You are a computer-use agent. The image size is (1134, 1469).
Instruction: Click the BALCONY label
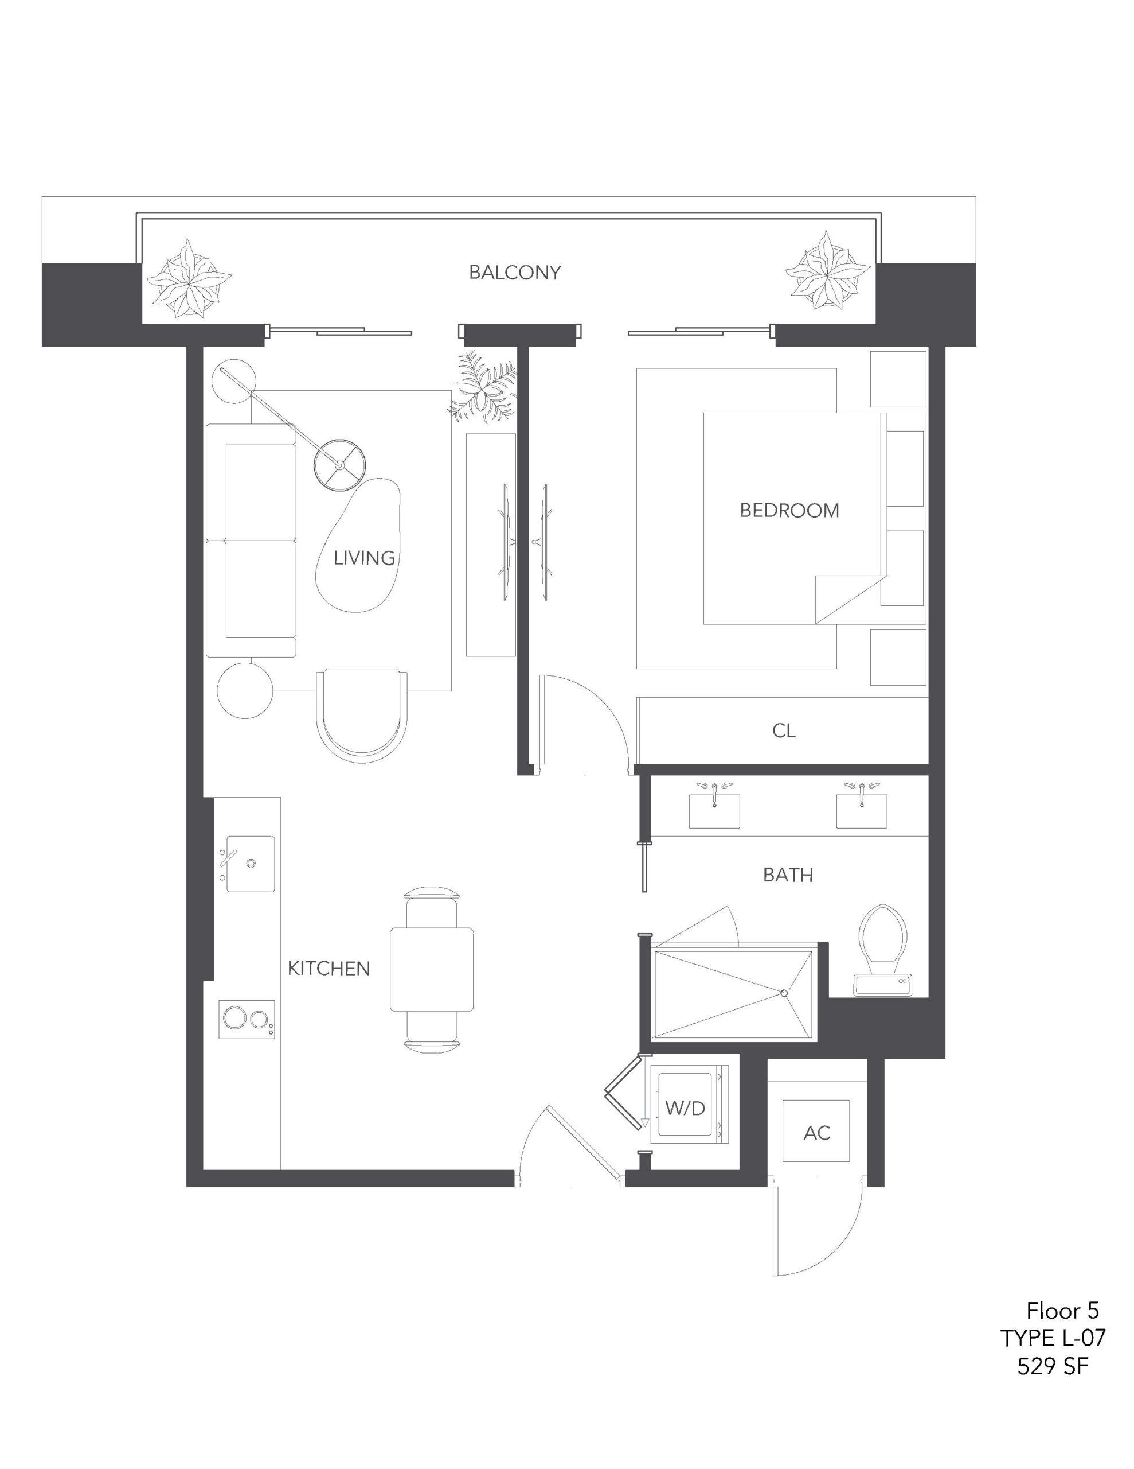click(514, 273)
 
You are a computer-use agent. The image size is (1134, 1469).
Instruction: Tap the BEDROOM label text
click(789, 511)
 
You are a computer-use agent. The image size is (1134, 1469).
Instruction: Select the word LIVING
click(363, 558)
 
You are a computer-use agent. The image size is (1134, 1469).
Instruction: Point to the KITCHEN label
click(329, 969)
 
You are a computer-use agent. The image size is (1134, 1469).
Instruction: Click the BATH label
click(788, 875)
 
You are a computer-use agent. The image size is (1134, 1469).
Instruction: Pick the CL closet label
click(784, 730)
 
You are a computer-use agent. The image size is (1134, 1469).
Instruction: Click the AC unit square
click(817, 1132)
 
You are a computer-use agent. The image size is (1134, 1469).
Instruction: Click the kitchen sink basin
click(251, 864)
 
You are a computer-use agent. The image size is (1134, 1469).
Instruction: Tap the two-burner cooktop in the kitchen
click(247, 1020)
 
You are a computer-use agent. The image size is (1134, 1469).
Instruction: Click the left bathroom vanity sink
click(714, 809)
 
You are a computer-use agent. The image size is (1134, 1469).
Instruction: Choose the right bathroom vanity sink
click(862, 809)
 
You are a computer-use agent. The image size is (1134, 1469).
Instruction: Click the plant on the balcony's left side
click(189, 278)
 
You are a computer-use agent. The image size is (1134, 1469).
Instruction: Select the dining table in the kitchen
click(432, 969)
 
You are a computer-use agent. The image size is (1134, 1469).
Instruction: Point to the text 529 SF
click(1053, 1367)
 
